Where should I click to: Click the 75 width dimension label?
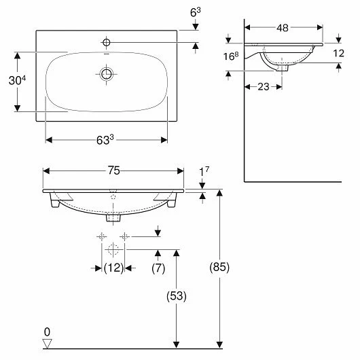(114, 170)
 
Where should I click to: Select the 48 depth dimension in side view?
(283, 28)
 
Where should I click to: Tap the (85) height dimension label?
(219, 267)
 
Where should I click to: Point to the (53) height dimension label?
(177, 295)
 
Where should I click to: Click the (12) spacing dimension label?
(113, 268)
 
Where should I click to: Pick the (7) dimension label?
(158, 268)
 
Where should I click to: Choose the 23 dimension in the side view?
(263, 87)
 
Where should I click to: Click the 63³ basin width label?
(105, 140)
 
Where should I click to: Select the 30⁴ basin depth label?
(17, 80)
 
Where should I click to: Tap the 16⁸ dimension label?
(231, 56)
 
